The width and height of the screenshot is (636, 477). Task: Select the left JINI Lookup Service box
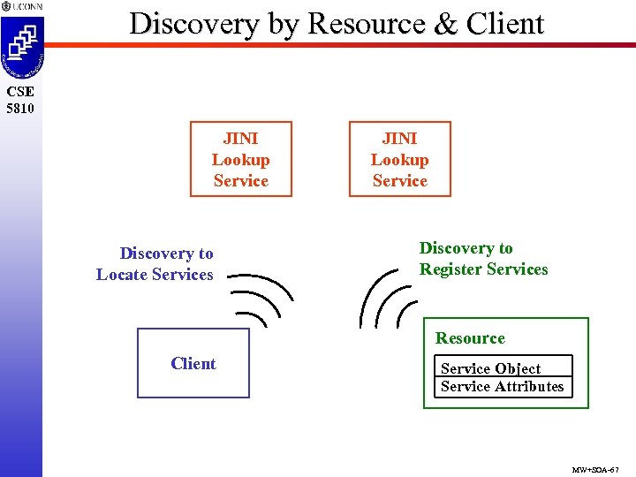pos(240,159)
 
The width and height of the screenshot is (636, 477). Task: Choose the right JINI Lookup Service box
pos(399,159)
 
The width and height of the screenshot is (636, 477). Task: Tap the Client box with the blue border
pos(193,363)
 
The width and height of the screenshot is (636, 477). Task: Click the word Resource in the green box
pos(470,338)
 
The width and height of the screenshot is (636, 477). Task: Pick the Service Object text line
pos(490,369)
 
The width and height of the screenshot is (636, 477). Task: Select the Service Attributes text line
pos(502,387)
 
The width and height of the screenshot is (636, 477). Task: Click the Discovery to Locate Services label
pos(155,264)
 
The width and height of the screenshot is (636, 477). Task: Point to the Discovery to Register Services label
pos(483,259)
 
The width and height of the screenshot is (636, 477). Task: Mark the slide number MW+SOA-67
pos(596,469)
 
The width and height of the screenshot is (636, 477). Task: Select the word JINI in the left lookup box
pos(240,139)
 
